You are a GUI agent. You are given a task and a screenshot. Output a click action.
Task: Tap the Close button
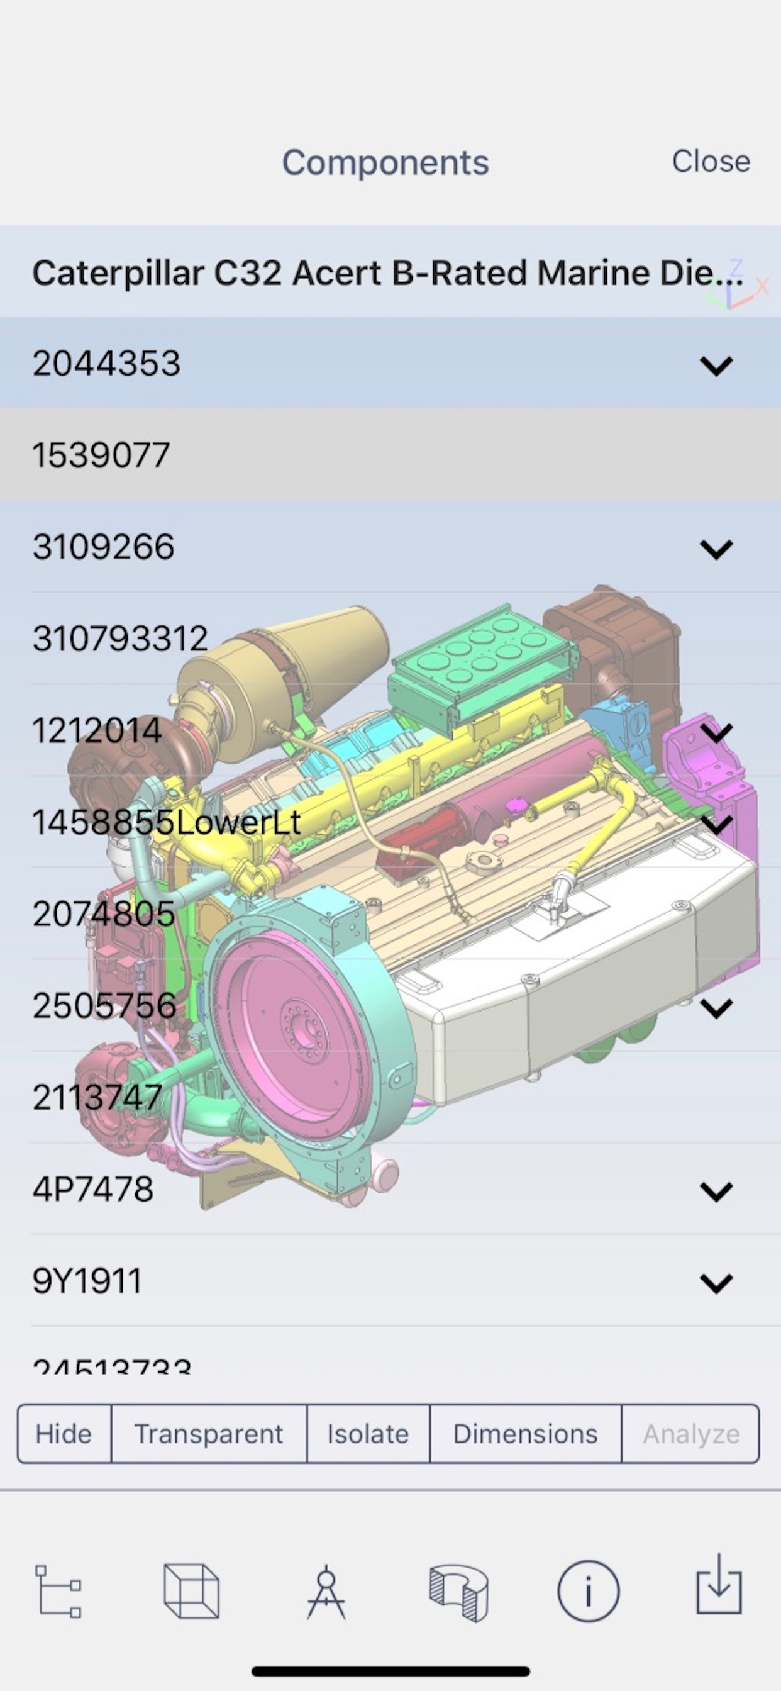coord(711,162)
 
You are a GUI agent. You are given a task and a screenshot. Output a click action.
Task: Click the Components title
coord(385,162)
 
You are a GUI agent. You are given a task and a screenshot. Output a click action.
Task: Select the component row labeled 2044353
coord(106,363)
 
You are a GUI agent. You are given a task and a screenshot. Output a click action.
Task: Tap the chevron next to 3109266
coord(716,549)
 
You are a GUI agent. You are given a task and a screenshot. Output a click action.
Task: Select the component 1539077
coord(102,455)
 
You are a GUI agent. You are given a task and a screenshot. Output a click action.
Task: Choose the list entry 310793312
coord(120,639)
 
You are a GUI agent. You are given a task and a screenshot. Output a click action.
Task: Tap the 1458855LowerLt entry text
coord(167,822)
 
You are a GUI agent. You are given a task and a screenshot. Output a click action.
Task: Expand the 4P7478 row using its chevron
coord(716,1191)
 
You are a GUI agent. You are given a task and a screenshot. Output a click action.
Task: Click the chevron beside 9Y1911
coord(716,1283)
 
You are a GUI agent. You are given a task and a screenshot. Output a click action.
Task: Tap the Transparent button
coord(209,1434)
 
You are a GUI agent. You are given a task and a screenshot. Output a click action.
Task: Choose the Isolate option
coord(368,1434)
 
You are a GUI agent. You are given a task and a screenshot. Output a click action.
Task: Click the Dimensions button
coord(525,1434)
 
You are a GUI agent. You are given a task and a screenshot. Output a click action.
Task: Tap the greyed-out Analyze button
coord(691,1434)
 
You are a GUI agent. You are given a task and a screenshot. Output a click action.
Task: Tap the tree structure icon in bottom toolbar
coord(58,1592)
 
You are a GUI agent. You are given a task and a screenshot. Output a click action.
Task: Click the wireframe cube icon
coord(191,1592)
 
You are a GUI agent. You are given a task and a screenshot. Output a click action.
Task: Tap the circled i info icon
coord(588,1592)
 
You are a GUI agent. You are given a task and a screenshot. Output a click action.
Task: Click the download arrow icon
coord(719,1584)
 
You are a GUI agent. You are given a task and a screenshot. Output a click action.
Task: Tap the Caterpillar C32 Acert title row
coord(387,273)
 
